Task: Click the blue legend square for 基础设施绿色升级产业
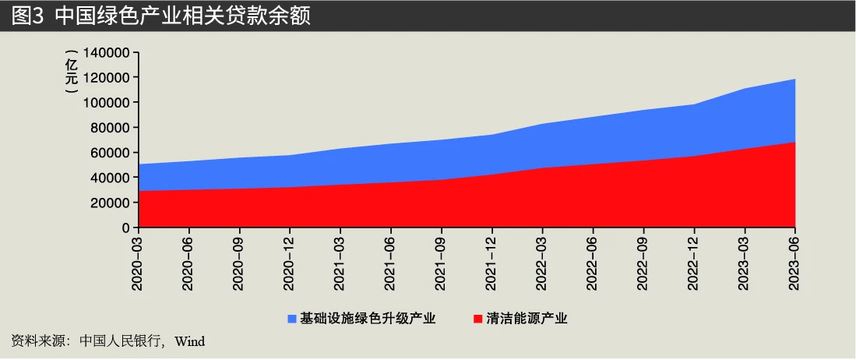click(292, 319)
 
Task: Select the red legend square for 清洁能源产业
click(477, 319)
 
